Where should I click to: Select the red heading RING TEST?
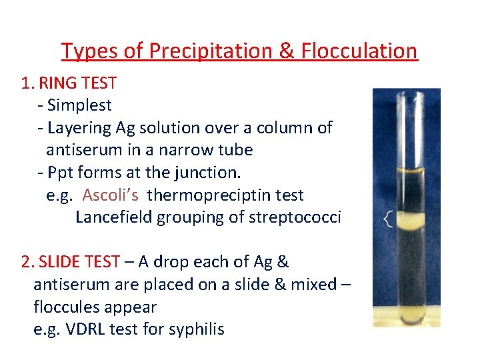click(x=78, y=83)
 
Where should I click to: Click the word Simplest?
click(x=80, y=105)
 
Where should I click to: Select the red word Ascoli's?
click(x=111, y=195)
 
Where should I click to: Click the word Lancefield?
click(x=113, y=217)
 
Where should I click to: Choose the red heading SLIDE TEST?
click(x=80, y=262)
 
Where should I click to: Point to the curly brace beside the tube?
click(x=388, y=220)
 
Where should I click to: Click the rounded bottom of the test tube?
click(x=405, y=313)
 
